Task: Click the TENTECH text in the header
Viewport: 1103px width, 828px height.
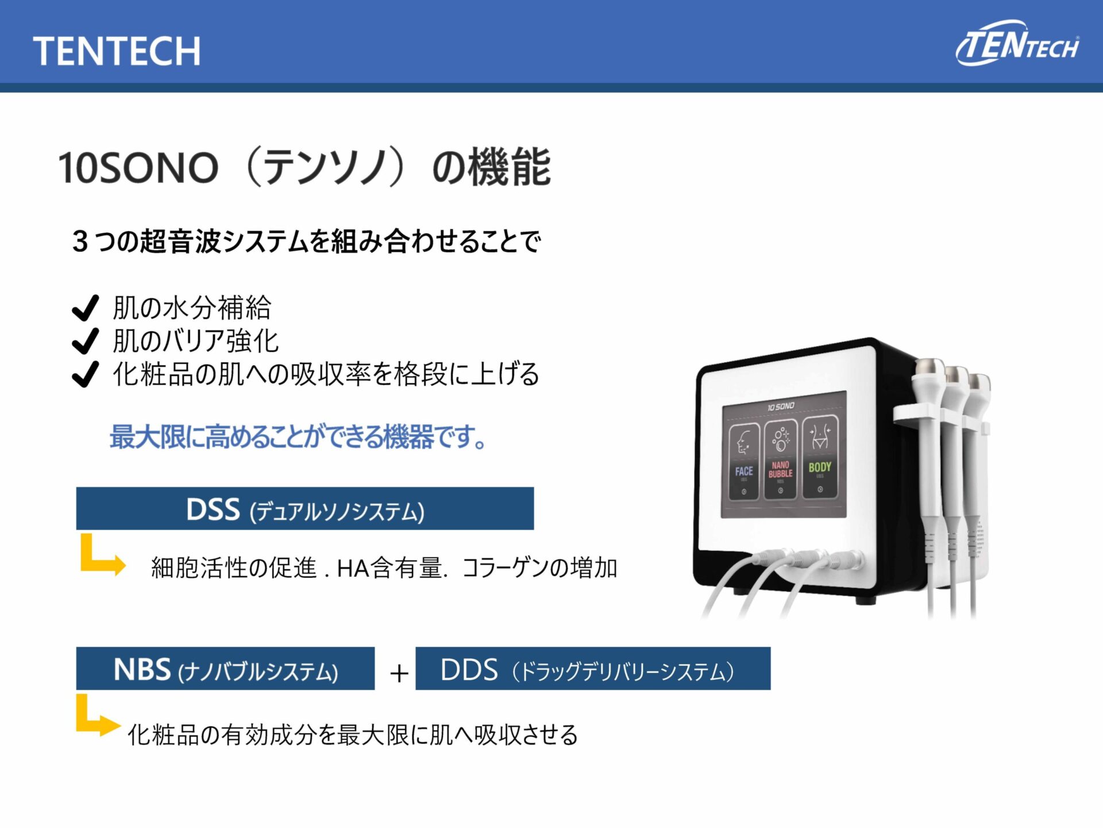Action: click(x=117, y=51)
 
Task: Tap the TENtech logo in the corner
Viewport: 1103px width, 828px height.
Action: click(x=1017, y=44)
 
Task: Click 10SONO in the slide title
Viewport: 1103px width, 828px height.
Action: click(x=138, y=168)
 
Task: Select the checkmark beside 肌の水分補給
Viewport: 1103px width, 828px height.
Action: click(x=86, y=308)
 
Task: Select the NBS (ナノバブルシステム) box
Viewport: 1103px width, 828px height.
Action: click(x=225, y=669)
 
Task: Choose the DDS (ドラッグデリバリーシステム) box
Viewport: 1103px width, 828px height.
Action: click(x=593, y=669)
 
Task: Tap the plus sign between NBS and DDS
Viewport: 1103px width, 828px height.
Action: click(x=399, y=673)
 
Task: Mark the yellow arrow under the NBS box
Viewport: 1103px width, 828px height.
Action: click(x=97, y=719)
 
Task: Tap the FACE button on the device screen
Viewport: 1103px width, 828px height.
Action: click(x=744, y=462)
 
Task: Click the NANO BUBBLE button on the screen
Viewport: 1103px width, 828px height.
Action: click(x=781, y=460)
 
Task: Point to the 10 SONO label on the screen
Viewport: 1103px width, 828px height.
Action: click(x=781, y=407)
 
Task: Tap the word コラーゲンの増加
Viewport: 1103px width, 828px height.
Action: click(x=540, y=568)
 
